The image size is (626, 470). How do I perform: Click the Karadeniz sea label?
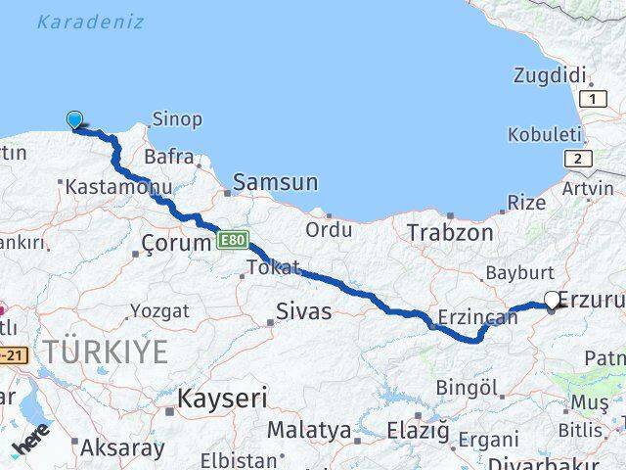(x=90, y=22)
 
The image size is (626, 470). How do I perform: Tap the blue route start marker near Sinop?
(x=75, y=120)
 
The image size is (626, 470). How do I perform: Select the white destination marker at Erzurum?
(x=553, y=301)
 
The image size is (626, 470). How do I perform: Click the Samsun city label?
(x=277, y=182)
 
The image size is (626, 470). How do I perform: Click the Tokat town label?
(x=273, y=267)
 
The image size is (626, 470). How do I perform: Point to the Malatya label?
(x=309, y=430)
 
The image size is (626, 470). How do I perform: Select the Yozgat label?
(x=159, y=311)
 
